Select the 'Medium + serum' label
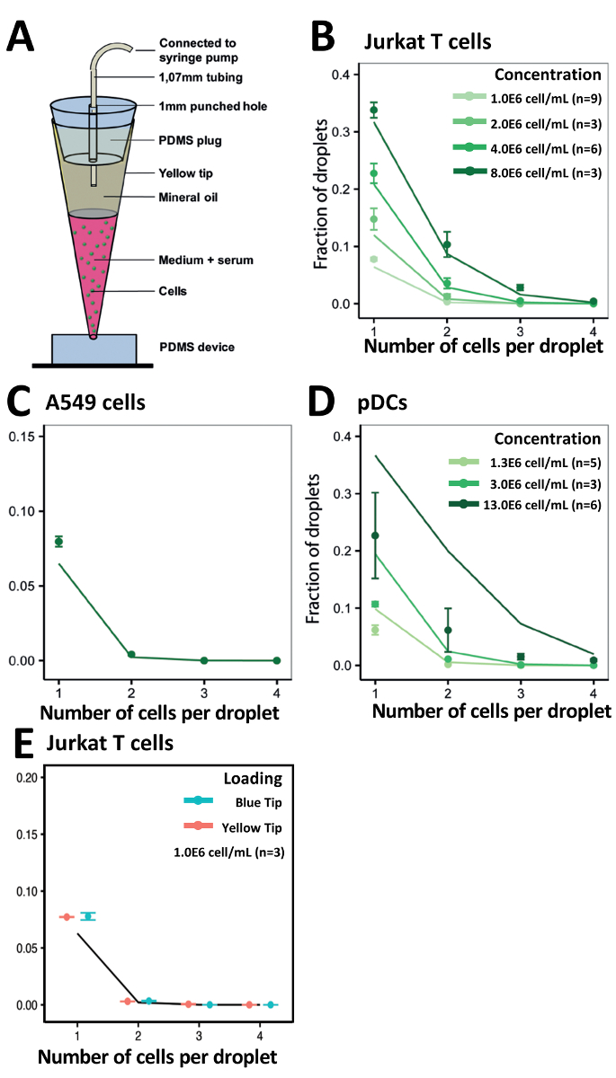tap(206, 260)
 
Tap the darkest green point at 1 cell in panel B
tap(373, 110)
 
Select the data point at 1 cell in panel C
tap(58, 541)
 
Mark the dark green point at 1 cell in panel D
tap(374, 535)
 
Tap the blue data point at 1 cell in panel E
tap(87, 916)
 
